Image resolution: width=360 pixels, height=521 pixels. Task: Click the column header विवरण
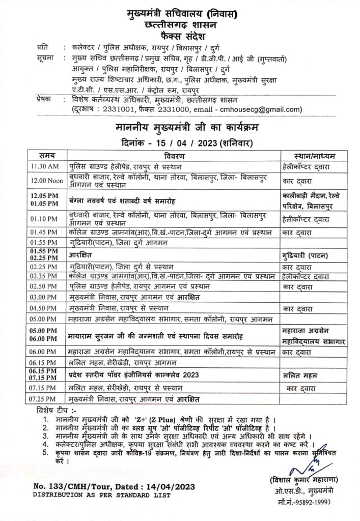174,155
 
